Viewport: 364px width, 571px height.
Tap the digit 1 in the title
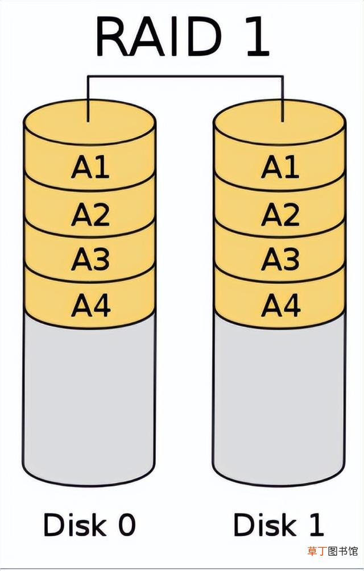pos(258,37)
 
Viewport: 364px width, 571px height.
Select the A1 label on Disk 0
pos(90,167)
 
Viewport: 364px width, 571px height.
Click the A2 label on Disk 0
pos(90,214)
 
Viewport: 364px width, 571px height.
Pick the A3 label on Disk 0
pos(90,259)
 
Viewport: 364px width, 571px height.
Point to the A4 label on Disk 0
pos(91,305)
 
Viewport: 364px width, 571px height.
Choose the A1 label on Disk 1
pos(280,167)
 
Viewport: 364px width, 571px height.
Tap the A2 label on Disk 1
pos(280,214)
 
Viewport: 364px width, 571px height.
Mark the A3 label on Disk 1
pos(280,259)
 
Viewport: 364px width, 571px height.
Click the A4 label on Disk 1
pos(281,305)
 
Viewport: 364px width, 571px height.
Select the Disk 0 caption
pos(90,525)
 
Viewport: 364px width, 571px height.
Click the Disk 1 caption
pos(279,525)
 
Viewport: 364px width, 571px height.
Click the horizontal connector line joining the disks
pos(185,76)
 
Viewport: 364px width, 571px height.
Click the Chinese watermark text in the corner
pos(333,551)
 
